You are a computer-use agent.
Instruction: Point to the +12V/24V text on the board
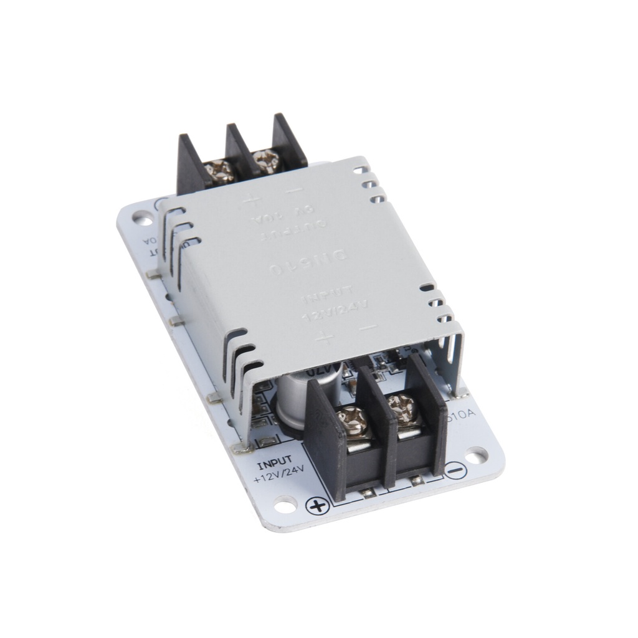tap(279, 478)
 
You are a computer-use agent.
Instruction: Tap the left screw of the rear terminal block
tap(219, 170)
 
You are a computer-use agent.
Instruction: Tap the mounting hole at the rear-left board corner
tap(142, 218)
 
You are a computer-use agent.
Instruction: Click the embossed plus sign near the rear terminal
tap(250, 201)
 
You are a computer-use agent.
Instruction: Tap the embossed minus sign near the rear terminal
tap(294, 190)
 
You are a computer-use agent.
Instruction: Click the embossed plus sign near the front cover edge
tap(324, 338)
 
